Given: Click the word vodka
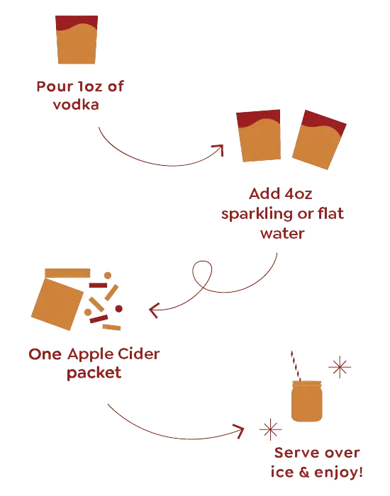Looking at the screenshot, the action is point(76,104).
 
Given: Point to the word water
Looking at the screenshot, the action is point(282,234).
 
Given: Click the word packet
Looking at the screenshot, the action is point(94,373).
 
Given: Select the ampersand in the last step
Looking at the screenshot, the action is point(304,472).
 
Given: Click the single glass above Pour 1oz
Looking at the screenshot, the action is point(77,40).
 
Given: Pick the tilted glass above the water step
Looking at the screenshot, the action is point(319,140).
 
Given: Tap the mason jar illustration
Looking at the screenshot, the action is point(307,401).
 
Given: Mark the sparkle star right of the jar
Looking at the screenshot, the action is point(340,367).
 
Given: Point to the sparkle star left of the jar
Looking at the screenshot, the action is point(270,429).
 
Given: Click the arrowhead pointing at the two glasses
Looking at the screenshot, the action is point(219,150).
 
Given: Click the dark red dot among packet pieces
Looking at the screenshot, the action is point(118,308).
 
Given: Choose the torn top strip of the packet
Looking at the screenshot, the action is point(67,273).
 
